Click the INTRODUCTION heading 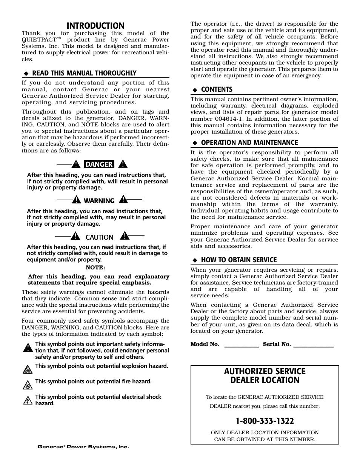[x=95, y=26]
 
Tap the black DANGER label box [x=99, y=164]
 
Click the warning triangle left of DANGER [x=77, y=164]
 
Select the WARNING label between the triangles [x=99, y=201]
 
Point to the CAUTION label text [x=99, y=237]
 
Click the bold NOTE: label [x=95, y=268]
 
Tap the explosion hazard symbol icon [x=27, y=369]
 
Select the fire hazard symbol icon [x=27, y=385]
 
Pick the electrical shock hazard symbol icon [x=27, y=400]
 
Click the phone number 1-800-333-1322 [x=265, y=421]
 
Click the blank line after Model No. [x=242, y=345]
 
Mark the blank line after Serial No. [x=313, y=345]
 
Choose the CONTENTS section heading [x=217, y=89]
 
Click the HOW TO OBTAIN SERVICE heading [x=239, y=260]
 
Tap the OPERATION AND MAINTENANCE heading [x=249, y=143]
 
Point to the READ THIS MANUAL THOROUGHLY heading [x=84, y=73]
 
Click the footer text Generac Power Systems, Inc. [x=83, y=447]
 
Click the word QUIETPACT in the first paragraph [x=37, y=40]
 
